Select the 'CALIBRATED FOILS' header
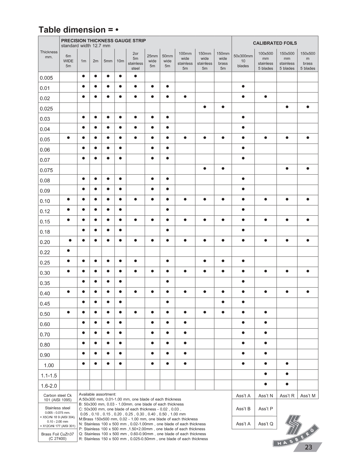click(275, 43)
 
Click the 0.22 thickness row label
click(45, 252)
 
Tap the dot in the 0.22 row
click(69, 251)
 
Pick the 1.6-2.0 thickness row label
click(49, 386)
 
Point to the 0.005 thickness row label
click(46, 78)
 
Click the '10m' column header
click(120, 61)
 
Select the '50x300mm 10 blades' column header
click(243, 61)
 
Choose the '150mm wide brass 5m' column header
click(223, 61)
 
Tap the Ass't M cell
click(308, 396)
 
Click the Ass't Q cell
click(266, 424)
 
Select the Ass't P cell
click(266, 409)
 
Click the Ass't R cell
click(287, 396)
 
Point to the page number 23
click(308, 447)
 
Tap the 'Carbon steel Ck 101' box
click(58, 398)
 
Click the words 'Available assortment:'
click(98, 394)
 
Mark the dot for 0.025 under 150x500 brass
click(308, 107)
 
